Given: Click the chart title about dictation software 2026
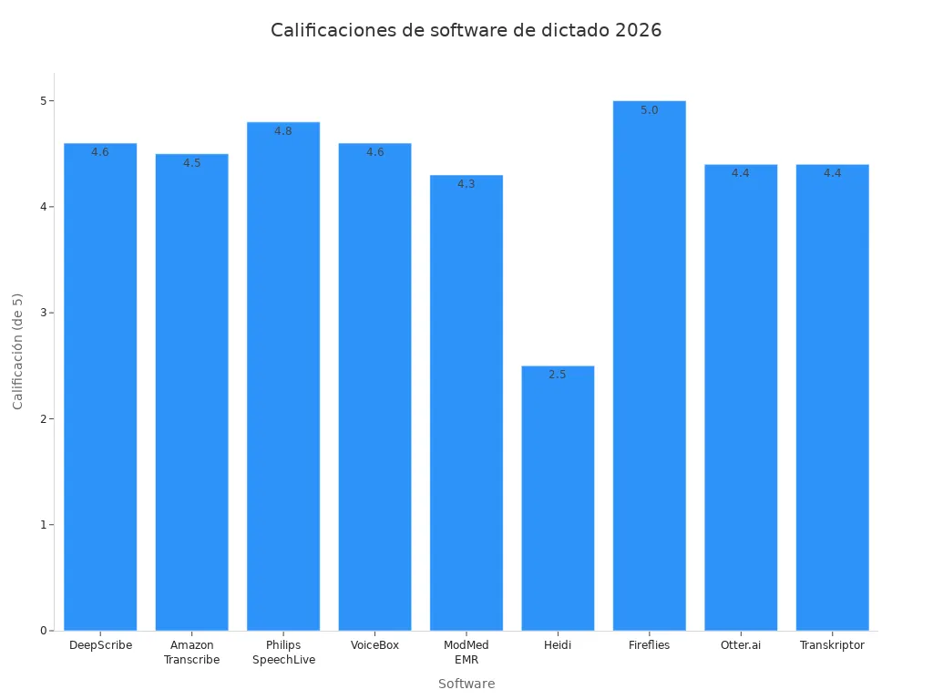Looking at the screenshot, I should (466, 30).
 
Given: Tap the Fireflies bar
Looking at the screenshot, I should (649, 365).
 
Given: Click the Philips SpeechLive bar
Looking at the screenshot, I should (283, 376).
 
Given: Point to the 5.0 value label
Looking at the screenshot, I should (649, 110).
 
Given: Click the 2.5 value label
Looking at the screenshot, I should (558, 375).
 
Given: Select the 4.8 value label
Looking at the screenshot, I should (283, 131).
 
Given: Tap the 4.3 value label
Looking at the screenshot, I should (466, 184).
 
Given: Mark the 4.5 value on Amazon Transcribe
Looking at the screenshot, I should (191, 163).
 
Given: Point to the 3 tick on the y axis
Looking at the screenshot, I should (43, 313).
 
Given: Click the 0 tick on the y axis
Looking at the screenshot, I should (43, 631).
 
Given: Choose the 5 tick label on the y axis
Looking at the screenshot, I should (43, 100).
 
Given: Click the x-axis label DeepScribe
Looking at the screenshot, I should (100, 645).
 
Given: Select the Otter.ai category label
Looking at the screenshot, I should (741, 645).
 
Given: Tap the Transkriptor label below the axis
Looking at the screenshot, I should (832, 645).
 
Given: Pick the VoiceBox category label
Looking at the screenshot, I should (374, 645).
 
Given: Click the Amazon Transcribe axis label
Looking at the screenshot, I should (191, 653).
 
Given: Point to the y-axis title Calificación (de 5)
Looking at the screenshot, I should (18, 351).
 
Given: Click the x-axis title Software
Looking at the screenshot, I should (466, 684).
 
